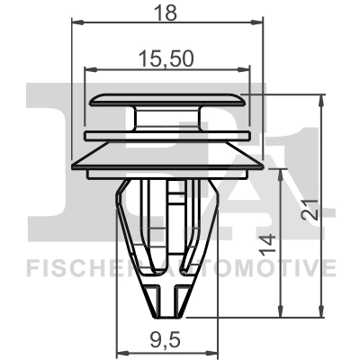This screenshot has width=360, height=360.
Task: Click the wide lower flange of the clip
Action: (166, 162)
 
